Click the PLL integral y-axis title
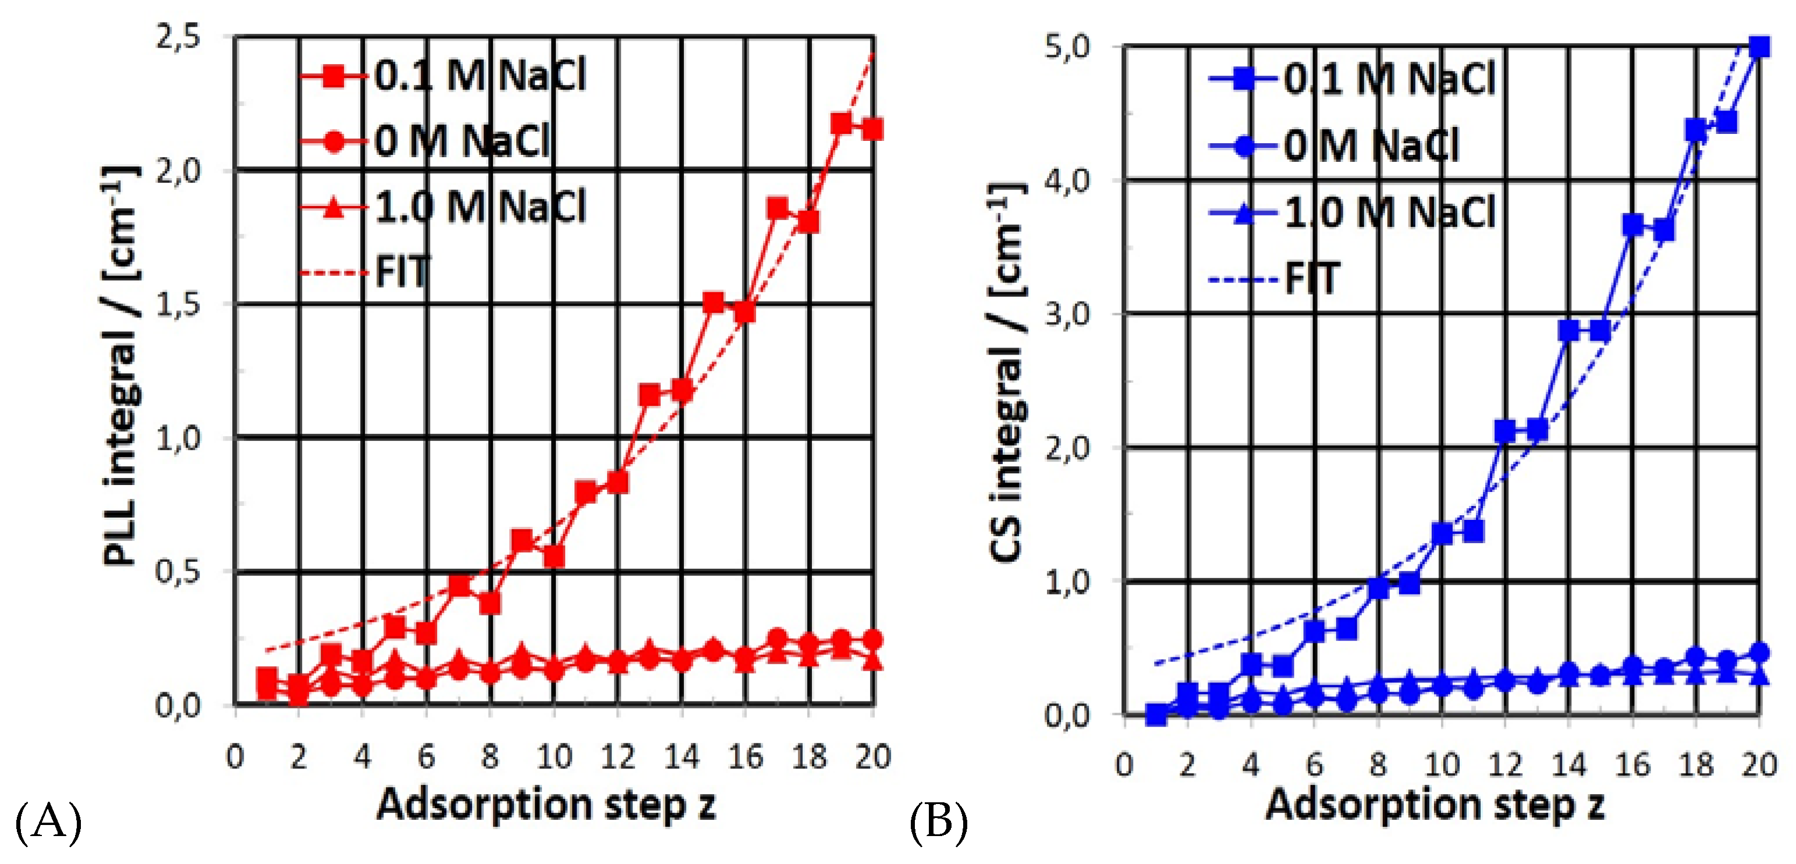(x=120, y=366)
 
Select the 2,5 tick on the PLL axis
(x=178, y=36)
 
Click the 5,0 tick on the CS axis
(x=1067, y=47)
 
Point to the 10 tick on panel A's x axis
(x=554, y=757)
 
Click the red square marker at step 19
(x=842, y=123)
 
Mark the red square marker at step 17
(x=778, y=208)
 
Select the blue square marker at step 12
(x=1504, y=431)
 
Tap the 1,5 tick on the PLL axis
(x=178, y=304)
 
